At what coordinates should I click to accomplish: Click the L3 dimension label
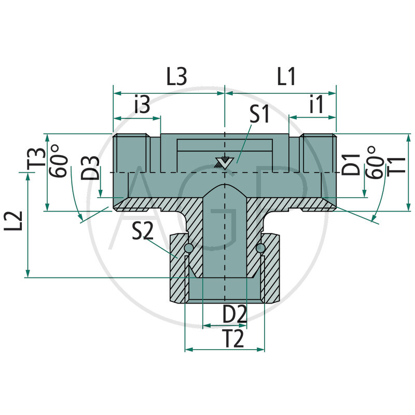coord(176,77)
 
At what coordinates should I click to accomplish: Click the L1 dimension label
coord(286,77)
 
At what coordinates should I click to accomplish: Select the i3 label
coord(142,105)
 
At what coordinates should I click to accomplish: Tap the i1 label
coord(315,105)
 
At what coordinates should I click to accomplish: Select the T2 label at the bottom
coord(233,339)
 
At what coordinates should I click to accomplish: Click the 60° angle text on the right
coord(372,162)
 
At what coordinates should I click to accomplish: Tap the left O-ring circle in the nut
coord(188,250)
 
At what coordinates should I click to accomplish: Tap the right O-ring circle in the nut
coord(261,250)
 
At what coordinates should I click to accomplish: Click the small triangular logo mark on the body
coord(224,161)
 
